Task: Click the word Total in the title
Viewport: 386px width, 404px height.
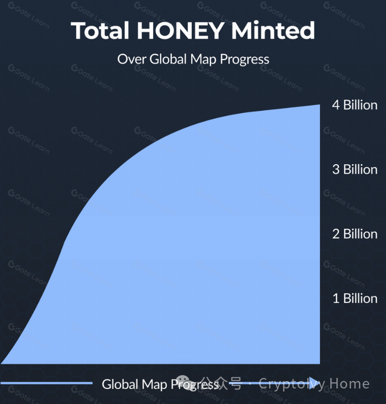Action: pos(99,31)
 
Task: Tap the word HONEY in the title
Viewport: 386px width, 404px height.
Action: pos(179,31)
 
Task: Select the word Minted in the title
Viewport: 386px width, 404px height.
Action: pos(273,31)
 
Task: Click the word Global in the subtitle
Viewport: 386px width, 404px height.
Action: pos(168,59)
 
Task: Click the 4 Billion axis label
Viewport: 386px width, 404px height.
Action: pos(354,105)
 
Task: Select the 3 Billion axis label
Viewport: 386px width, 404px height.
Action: pos(354,170)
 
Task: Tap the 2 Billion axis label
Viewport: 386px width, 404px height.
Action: pos(354,234)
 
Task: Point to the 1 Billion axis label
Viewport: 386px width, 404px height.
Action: pos(354,299)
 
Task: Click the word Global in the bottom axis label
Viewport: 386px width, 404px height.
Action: pos(120,384)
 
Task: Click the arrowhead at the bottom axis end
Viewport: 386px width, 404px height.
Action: pos(314,383)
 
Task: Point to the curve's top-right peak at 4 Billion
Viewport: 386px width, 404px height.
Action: pos(319,106)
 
